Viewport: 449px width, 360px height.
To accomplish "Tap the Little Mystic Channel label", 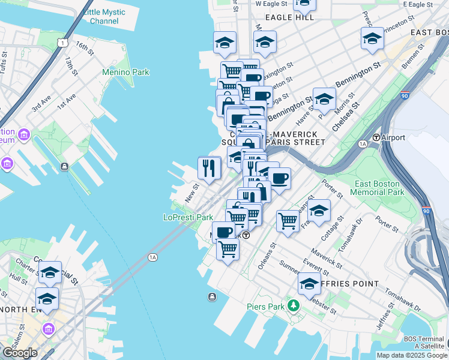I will (x=104, y=16).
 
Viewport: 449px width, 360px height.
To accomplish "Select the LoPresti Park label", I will (x=188, y=217).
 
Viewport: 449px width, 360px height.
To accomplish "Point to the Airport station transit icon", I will (x=376, y=137).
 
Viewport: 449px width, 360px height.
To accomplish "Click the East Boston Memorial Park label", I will (x=379, y=188).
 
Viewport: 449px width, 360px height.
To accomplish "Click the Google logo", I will (x=20, y=353).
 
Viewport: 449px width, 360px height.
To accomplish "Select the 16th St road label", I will (x=86, y=49).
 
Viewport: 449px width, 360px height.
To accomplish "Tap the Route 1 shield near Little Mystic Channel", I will (x=62, y=41).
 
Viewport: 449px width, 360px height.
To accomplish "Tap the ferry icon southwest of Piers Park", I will (x=212, y=297).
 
